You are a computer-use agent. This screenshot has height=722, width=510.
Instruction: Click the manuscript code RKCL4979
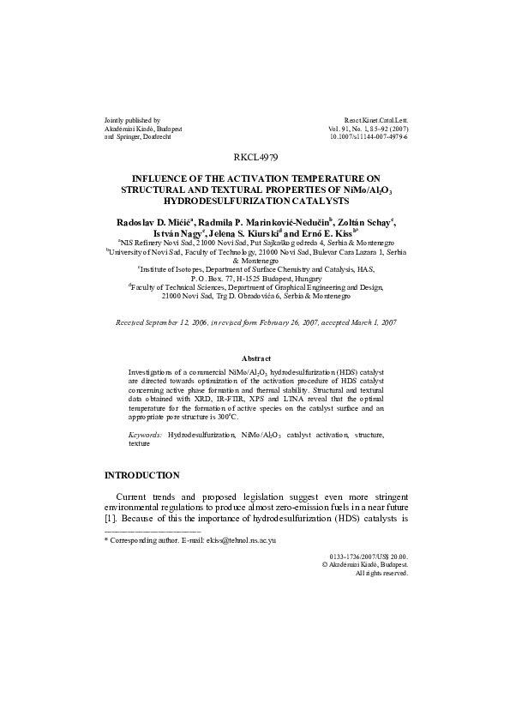point(255,157)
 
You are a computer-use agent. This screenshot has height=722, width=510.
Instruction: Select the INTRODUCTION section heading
point(141,475)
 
